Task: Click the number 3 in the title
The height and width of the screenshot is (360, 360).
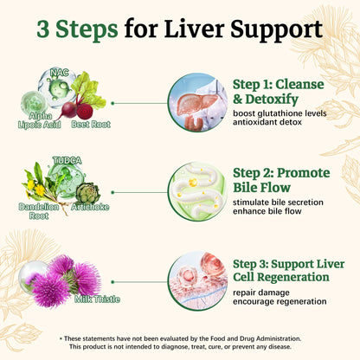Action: tap(42, 29)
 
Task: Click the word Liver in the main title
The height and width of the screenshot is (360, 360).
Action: tap(195, 29)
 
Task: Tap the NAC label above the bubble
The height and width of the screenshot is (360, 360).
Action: tap(60, 73)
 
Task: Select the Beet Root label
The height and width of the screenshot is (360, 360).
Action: tap(91, 125)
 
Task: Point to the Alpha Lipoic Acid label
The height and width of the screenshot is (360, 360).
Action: tap(40, 120)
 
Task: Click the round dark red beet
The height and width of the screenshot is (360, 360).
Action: tap(85, 112)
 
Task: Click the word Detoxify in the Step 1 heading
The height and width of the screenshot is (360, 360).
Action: tap(272, 100)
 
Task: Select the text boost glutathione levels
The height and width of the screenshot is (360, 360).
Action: tap(280, 113)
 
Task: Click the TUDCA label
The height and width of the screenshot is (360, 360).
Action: tap(67, 160)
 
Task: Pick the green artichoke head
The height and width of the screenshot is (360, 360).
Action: tap(88, 193)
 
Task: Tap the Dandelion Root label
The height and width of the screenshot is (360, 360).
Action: tap(39, 211)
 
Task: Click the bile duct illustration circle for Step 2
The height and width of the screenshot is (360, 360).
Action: tap(197, 192)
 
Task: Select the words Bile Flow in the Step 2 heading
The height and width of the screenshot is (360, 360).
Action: tap(261, 188)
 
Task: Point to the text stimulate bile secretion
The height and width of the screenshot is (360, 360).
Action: tap(278, 202)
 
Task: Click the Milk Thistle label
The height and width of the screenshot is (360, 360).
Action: tap(97, 299)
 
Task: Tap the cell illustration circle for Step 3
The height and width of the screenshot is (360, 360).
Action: tap(197, 281)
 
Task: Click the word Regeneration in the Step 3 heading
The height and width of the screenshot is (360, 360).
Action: tap(293, 278)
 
